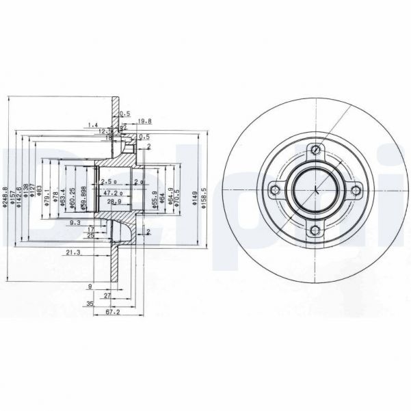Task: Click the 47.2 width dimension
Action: pos(111,194)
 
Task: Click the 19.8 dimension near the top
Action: pos(144,122)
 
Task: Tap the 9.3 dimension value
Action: pos(75,223)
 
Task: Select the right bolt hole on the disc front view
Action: pos(354,191)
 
